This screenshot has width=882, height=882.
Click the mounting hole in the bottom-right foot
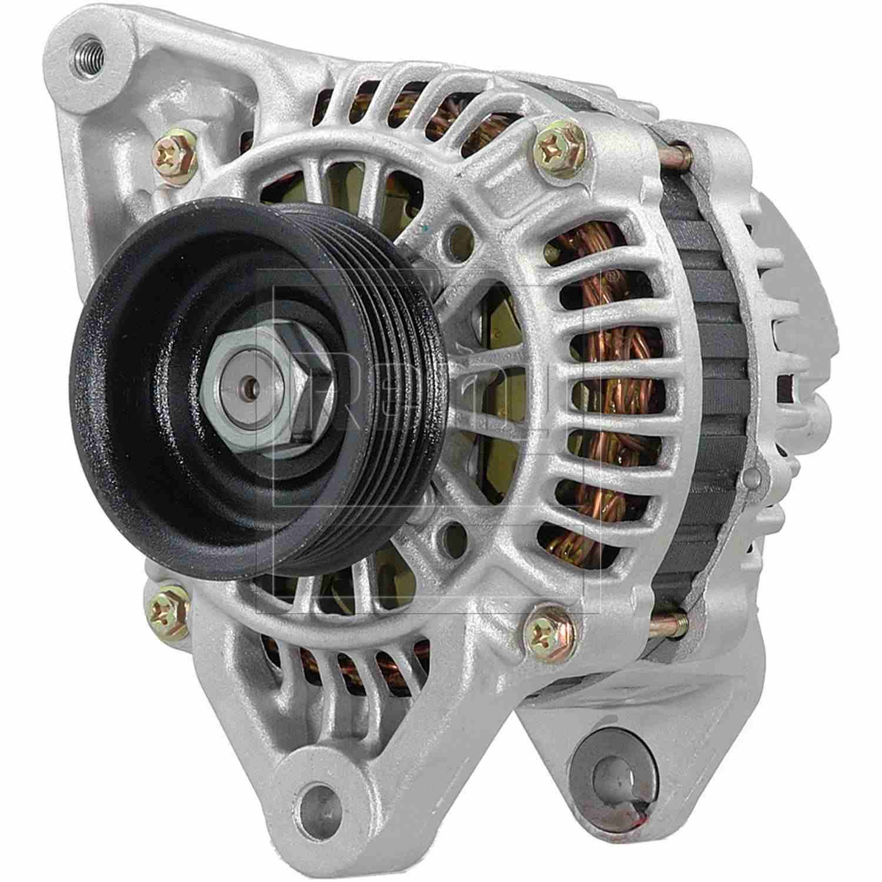coord(606,771)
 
